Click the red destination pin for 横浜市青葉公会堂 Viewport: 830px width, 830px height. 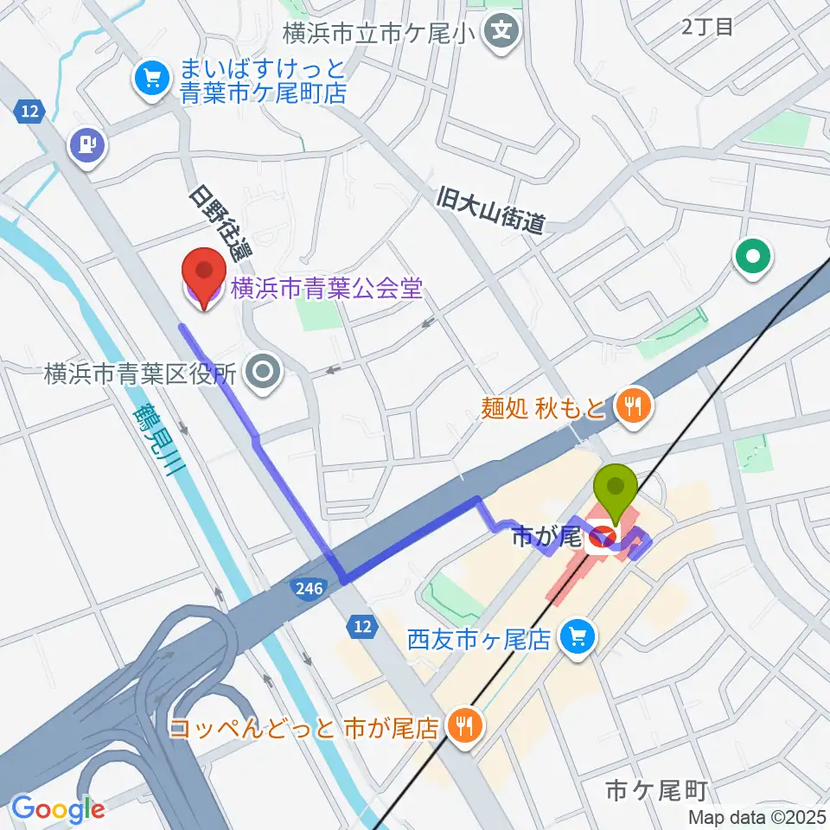[x=201, y=276]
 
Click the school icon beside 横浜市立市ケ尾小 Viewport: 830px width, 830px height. [x=502, y=35]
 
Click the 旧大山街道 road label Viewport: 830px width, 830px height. [x=490, y=211]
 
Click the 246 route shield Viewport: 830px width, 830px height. [x=309, y=586]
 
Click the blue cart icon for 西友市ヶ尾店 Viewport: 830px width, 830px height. [x=576, y=638]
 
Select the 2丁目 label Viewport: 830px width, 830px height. [x=706, y=27]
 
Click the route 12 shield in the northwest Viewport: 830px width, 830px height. [x=30, y=111]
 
